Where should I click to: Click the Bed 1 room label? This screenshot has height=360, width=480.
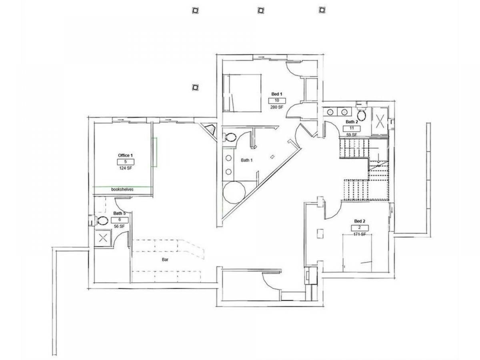pyautogui.click(x=277, y=94)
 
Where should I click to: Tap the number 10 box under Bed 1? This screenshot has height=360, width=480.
pyautogui.click(x=277, y=100)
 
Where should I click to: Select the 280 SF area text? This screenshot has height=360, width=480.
pyautogui.click(x=277, y=107)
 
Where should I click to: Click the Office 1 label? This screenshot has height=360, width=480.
pyautogui.click(x=125, y=155)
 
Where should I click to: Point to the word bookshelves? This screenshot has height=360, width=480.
pyautogui.click(x=122, y=189)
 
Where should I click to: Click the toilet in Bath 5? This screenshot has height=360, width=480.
pyautogui.click(x=102, y=220)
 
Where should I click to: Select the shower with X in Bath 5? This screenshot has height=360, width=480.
pyautogui.click(x=103, y=238)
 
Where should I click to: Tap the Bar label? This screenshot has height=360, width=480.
pyautogui.click(x=165, y=260)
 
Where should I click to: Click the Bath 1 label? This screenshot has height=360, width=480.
pyautogui.click(x=247, y=160)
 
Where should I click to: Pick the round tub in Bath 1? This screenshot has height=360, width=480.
pyautogui.click(x=234, y=192)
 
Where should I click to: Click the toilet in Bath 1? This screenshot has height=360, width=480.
pyautogui.click(x=230, y=138)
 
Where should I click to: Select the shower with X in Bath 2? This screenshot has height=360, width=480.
pyautogui.click(x=380, y=121)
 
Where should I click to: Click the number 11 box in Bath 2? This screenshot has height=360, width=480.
pyautogui.click(x=352, y=128)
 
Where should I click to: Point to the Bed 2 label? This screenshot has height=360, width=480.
pyautogui.click(x=360, y=221)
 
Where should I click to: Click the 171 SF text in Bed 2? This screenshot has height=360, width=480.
pyautogui.click(x=360, y=234)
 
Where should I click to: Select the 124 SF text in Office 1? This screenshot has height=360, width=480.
pyautogui.click(x=126, y=168)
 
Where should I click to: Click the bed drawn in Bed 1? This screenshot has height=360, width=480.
pyautogui.click(x=242, y=93)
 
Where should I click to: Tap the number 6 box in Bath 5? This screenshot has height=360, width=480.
pyautogui.click(x=120, y=220)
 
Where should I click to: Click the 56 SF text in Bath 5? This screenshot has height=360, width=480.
pyautogui.click(x=119, y=226)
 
